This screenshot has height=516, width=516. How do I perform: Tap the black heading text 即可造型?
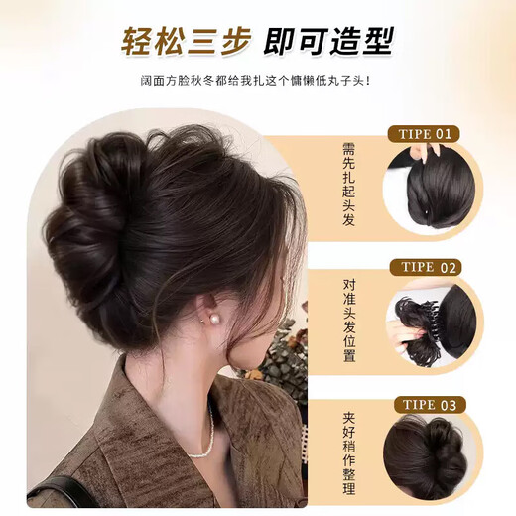pos(328,43)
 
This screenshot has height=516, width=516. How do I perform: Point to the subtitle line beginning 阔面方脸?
pos(257,82)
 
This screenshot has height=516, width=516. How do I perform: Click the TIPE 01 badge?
pos(426,133)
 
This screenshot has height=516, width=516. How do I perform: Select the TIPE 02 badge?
pos(426,268)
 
